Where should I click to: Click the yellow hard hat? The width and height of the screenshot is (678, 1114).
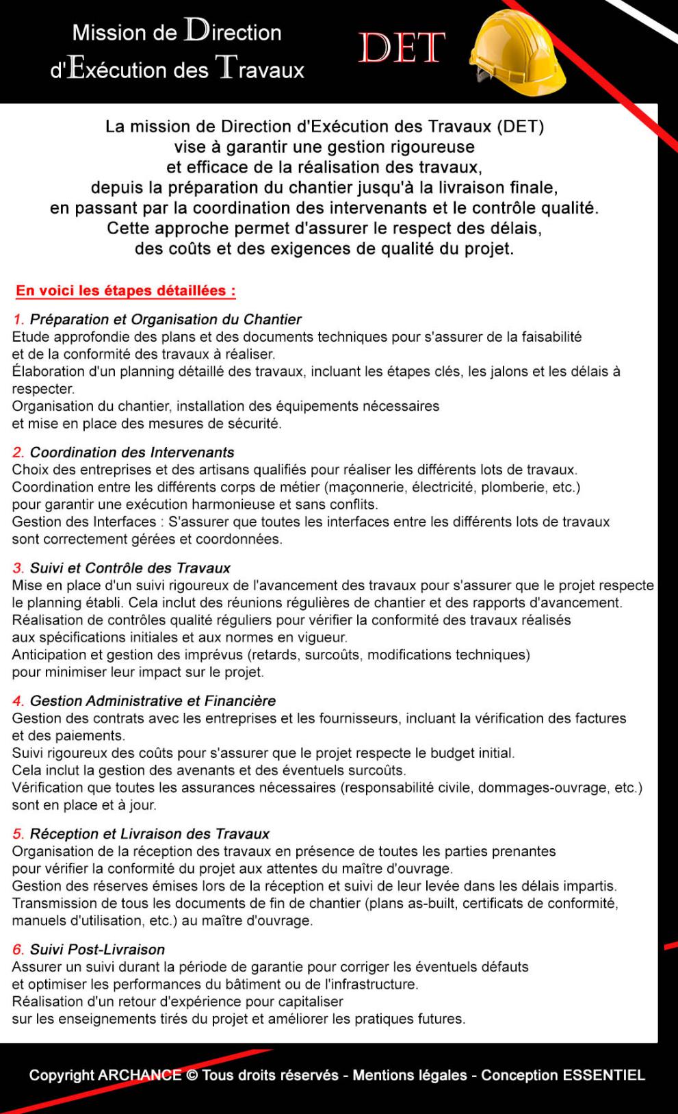click(517, 49)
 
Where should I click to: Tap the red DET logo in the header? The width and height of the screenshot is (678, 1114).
click(402, 49)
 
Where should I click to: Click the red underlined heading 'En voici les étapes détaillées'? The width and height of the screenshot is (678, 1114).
click(126, 291)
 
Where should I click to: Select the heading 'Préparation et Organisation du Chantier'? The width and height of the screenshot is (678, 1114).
click(166, 320)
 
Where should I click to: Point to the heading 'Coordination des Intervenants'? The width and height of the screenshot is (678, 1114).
click(132, 453)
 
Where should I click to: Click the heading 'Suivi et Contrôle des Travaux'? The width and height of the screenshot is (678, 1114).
click(130, 568)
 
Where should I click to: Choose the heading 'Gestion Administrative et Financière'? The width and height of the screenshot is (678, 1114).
click(153, 701)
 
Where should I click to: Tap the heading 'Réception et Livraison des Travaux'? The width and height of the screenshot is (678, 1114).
click(149, 834)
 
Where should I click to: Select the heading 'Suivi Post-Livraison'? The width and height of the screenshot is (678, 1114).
click(97, 950)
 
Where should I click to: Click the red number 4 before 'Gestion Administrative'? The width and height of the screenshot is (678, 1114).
click(18, 701)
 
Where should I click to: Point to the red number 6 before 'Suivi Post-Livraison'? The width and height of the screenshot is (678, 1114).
click(18, 950)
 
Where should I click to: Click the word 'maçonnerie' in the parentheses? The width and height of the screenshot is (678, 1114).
click(367, 488)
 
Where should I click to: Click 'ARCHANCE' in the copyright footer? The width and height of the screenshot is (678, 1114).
click(140, 1075)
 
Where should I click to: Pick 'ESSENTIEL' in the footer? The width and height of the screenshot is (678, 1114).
click(603, 1075)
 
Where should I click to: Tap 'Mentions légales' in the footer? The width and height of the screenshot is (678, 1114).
click(410, 1075)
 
